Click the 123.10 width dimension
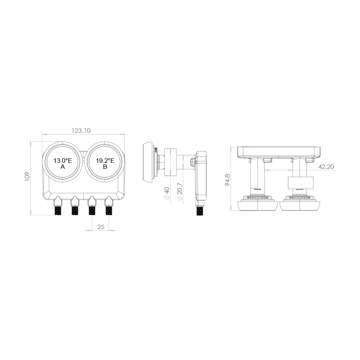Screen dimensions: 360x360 [x=81, y=131]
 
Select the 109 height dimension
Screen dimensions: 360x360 [x=27, y=176]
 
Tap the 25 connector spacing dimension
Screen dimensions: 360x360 [x=101, y=227]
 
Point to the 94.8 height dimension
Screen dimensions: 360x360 [x=228, y=180]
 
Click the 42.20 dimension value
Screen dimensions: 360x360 [x=326, y=167]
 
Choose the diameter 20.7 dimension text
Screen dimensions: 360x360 [x=180, y=192]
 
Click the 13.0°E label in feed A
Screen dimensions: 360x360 [x=63, y=161]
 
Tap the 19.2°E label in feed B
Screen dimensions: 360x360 [x=105, y=161]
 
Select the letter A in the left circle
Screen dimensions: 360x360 [x=63, y=167]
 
